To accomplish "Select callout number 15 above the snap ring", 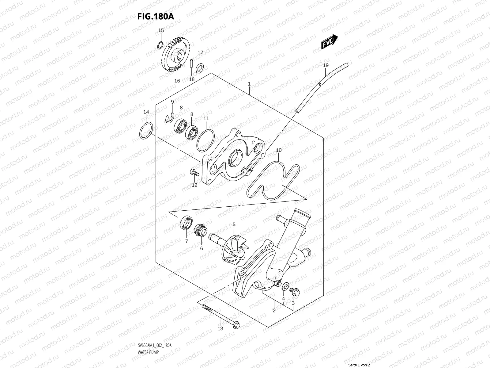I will [161, 30].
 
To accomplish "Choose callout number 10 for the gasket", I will [279, 150].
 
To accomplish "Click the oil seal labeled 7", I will [186, 223].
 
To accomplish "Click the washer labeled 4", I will [285, 286].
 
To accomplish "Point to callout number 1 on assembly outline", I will [249, 84].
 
